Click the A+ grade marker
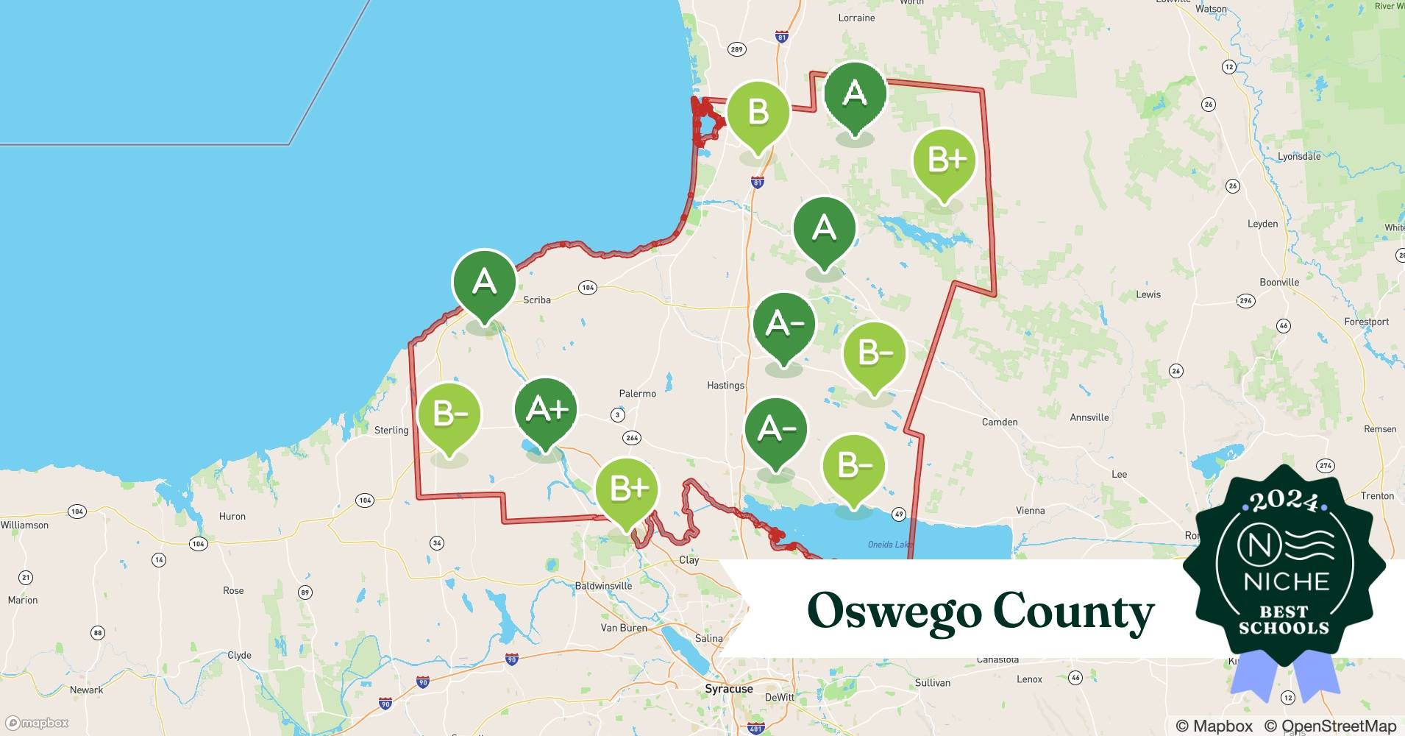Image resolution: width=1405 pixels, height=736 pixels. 546,411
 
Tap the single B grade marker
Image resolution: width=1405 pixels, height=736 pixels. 758,113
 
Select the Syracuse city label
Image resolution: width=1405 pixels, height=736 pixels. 728,689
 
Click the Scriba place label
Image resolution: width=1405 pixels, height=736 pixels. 536,300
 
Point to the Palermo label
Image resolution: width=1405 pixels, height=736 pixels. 637,394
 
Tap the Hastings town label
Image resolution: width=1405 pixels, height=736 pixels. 725,385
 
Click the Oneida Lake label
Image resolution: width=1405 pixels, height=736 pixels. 889,545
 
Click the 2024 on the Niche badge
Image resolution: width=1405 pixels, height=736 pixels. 1284,502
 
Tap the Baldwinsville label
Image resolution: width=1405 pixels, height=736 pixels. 603,586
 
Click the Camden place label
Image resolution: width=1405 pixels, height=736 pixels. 1000,422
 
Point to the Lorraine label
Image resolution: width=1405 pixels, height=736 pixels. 856,18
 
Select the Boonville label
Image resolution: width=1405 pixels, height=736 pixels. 1279,282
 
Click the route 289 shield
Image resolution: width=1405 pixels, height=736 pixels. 736,49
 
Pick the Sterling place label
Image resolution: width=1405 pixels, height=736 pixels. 391,430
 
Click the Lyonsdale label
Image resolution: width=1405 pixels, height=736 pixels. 1299,156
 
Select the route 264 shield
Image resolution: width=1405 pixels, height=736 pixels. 632,438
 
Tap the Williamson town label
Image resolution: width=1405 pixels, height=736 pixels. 24,525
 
